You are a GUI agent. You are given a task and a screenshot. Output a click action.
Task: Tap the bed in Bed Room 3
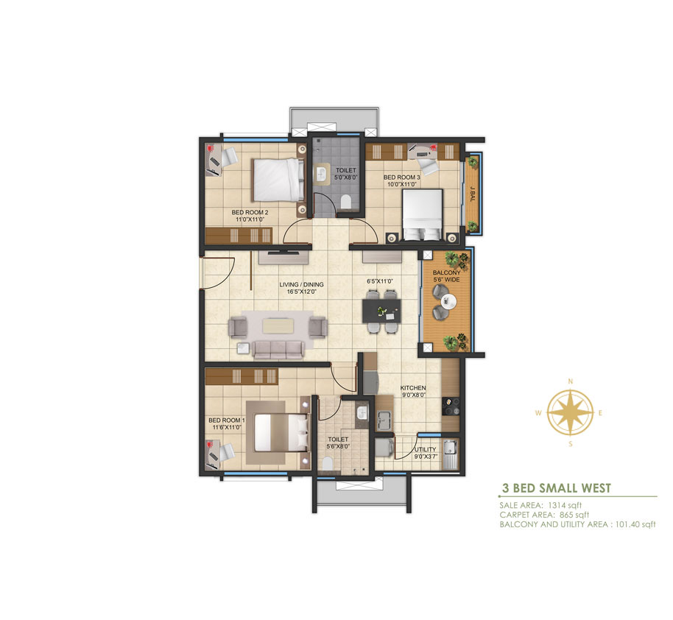tap(422, 214)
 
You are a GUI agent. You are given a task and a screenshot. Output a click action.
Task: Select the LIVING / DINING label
tap(301, 284)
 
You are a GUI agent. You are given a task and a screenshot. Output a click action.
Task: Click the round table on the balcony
tap(447, 301)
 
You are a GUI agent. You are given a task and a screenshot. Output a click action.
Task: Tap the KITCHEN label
tap(412, 388)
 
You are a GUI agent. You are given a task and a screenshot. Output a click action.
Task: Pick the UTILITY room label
tap(426, 448)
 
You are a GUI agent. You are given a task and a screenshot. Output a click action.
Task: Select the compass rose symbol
tap(570, 414)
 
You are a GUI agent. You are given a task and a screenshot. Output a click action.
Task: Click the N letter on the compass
tap(570, 381)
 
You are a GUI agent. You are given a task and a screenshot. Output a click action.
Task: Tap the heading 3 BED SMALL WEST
tap(556, 487)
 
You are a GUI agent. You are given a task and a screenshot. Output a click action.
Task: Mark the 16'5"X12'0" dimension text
tap(301, 292)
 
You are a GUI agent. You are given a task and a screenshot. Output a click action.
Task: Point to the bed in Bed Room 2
tap(278, 179)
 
